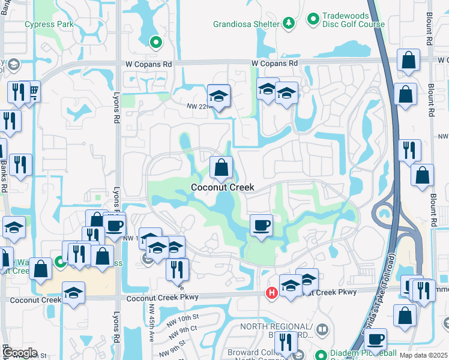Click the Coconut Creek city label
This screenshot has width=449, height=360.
pos(222,187)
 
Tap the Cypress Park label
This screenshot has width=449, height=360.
pos(49,25)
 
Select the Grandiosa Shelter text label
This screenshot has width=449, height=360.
pos(246,24)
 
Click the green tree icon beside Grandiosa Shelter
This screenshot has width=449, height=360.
pos(289,23)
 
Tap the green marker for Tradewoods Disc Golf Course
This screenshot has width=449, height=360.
pos(313,20)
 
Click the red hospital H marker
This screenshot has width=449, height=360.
pos(271,293)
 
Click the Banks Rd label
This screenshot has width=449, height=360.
pos(4,174)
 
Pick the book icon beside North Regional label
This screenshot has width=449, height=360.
pos(322,330)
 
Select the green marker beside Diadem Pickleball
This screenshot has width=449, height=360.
pos(321,355)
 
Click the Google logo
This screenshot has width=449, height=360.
pos(20,353)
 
